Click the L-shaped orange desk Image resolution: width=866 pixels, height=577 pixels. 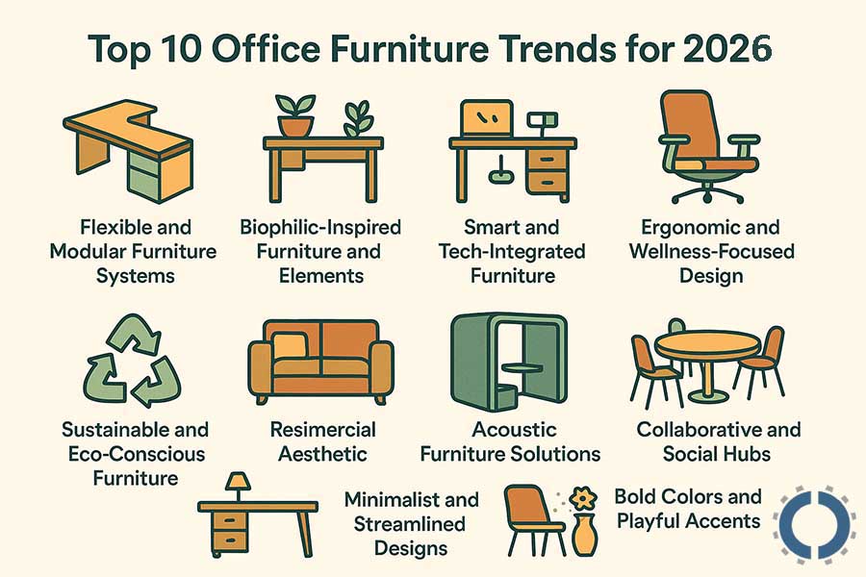pyautogui.click(x=131, y=144)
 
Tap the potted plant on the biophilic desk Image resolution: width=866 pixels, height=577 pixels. pyautogui.click(x=293, y=114)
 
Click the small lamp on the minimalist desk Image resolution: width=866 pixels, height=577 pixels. pyautogui.click(x=235, y=482)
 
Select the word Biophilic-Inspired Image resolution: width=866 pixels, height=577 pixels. pyautogui.click(x=320, y=228)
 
